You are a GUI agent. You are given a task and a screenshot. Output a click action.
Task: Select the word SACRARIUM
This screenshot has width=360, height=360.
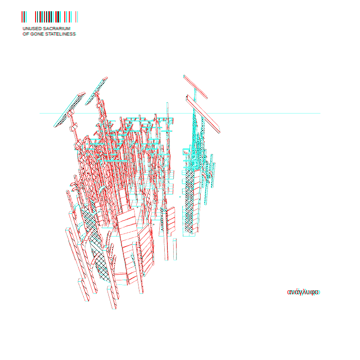57,28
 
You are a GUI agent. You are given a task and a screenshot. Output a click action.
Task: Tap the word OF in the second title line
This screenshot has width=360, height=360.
26,34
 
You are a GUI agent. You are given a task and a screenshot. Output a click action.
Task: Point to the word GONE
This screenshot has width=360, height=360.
37,34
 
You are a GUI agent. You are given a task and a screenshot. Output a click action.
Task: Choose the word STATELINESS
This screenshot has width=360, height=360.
60,34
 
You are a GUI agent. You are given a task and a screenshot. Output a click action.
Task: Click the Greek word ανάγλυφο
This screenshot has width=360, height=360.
303,292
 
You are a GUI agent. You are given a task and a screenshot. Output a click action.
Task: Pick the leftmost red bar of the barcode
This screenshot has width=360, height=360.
22,17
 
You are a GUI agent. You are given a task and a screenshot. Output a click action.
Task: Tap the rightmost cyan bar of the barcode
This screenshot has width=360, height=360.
77,17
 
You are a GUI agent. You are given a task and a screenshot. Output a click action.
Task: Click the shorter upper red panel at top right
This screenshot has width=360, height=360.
195,87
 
